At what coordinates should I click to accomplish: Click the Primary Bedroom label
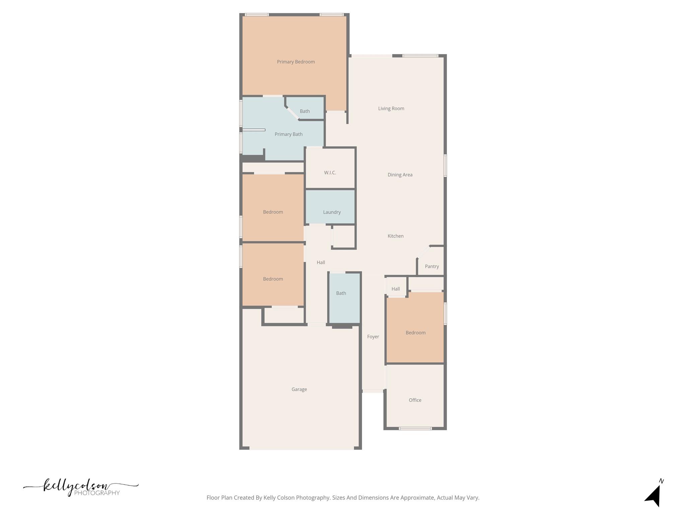pos(295,62)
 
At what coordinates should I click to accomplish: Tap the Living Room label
pos(391,108)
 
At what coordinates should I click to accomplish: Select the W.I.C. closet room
pos(330,172)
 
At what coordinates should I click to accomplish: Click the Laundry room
pos(332,212)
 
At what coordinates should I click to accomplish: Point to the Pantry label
pos(431,266)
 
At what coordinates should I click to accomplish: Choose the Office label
pos(415,400)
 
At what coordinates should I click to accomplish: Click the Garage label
pos(299,389)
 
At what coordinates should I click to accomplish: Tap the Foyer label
pos(373,337)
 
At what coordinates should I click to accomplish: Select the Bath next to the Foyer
pos(341,293)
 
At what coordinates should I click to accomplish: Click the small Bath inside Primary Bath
pos(304,111)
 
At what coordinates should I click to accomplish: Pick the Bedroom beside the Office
pos(415,333)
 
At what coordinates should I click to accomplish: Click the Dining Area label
pos(400,175)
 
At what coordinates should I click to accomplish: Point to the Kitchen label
pos(395,236)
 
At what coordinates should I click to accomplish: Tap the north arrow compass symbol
pos(654,495)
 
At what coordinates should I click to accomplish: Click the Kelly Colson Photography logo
pos(80,487)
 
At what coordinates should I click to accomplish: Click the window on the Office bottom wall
pos(415,428)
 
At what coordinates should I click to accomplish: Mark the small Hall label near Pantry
pos(395,289)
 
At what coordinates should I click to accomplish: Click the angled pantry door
pos(423,252)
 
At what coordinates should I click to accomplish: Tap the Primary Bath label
pos(288,134)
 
